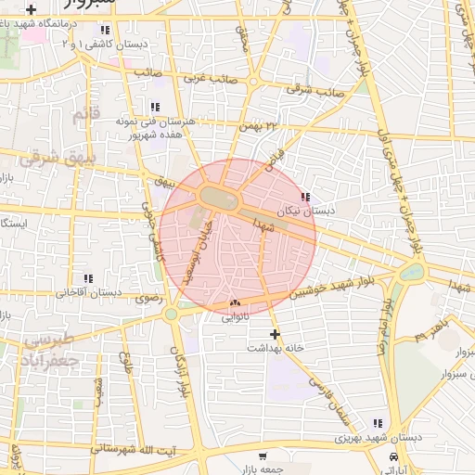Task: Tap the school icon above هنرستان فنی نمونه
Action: (154, 107)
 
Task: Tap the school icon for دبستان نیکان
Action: (306, 197)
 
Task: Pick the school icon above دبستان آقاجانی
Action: (88, 277)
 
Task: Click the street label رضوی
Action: (148, 299)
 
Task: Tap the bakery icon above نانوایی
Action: (234, 303)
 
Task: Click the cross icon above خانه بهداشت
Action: (275, 333)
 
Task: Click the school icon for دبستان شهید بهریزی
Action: (377, 422)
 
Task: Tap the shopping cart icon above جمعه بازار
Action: (263, 456)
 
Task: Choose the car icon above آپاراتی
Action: (394, 459)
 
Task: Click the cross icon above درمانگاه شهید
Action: (32, 8)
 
